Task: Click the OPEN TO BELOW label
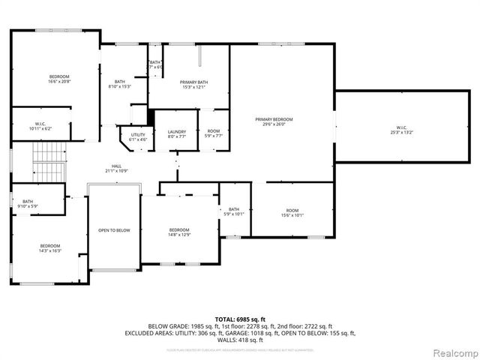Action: point(114,230)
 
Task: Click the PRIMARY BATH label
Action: point(193,84)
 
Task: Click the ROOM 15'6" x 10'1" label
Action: point(292,212)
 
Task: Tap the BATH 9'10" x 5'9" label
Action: point(28,203)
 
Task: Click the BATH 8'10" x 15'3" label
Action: point(120,84)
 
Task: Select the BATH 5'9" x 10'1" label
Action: point(234,211)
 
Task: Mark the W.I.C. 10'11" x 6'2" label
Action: point(40,127)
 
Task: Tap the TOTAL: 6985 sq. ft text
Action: point(239,319)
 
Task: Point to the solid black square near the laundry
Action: point(151,117)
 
